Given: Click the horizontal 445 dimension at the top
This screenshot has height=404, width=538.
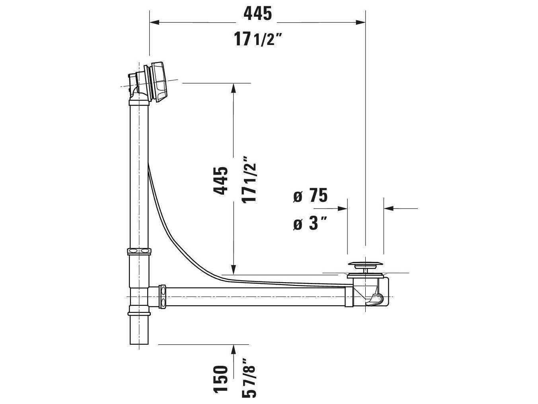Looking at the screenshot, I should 257,14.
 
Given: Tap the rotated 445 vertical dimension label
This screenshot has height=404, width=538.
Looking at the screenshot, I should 221,181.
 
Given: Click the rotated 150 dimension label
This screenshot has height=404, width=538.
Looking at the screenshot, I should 221,379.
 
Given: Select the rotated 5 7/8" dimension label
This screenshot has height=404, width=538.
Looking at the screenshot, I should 250,377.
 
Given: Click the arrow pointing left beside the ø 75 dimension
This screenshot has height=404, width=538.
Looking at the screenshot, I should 389,208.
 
